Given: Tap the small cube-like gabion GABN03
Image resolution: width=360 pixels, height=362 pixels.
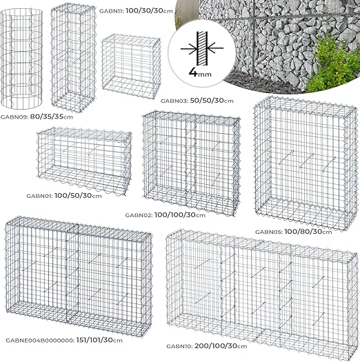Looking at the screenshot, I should [130, 65].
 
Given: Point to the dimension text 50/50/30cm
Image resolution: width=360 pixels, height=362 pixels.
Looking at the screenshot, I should [210, 101].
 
